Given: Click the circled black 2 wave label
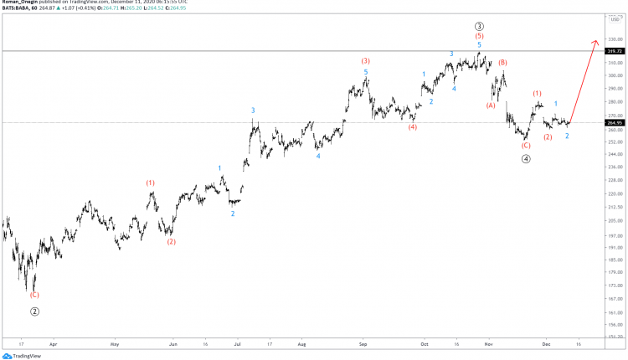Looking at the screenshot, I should coord(34,311).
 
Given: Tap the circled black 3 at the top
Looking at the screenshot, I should coord(479,26).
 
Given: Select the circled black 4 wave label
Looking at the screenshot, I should coord(526,157).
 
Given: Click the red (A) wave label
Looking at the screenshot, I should coord(492,105).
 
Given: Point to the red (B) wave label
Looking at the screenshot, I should coord(503,63).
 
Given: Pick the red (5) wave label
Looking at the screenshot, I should coord(479,37).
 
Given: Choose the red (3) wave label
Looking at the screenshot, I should coord(366,61).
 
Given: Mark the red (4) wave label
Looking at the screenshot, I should coord(413,127).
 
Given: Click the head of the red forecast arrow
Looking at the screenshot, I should coord(596,41).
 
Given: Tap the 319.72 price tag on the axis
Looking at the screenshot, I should coord(615,51).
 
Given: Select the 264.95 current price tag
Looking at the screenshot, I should coord(615,122).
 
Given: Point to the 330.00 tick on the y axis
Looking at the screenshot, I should coord(615,39).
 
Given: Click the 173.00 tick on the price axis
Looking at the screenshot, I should coord(615,285).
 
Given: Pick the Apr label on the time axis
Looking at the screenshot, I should coord(53,343).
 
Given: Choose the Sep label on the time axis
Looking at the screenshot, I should coord(363,343).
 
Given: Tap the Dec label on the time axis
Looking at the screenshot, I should coord(546,343).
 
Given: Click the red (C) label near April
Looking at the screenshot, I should coord(34,295).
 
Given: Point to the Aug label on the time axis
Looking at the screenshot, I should coord(301,343).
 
